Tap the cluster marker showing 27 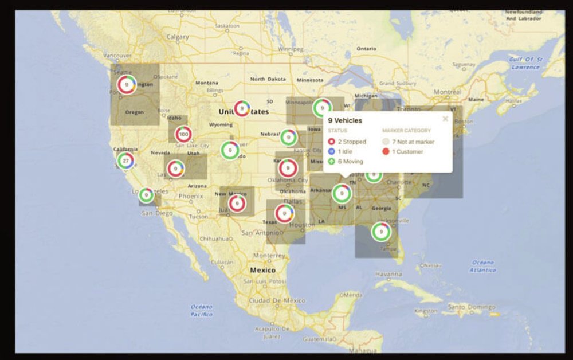(125, 161)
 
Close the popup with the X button (445, 119)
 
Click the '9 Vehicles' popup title (345, 120)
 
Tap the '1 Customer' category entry (407, 152)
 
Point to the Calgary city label (178, 37)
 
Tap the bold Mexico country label (262, 269)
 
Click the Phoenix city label (190, 196)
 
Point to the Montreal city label (448, 92)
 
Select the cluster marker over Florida (380, 232)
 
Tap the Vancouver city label (117, 56)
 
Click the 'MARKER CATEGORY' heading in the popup (406, 131)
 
